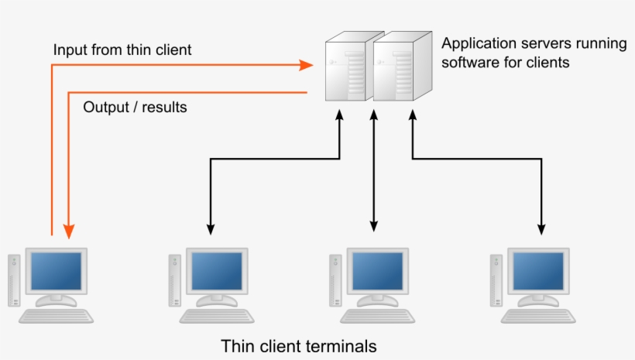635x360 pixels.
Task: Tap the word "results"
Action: pyautogui.click(x=164, y=107)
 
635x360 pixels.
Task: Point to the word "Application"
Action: pyautogui.click(x=478, y=44)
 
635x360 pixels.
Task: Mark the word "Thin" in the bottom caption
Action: pyautogui.click(x=235, y=345)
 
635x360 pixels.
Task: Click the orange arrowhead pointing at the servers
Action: pyautogui.click(x=307, y=66)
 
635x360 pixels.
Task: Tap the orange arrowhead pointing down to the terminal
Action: pyautogui.click(x=69, y=230)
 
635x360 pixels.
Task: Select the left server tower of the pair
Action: pyautogui.click(x=346, y=70)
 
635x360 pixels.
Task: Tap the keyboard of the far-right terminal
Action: pyautogui.click(x=539, y=316)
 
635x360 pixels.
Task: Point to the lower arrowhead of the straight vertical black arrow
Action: pyautogui.click(x=374, y=226)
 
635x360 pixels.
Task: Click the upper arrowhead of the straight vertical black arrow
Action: pyautogui.click(x=374, y=115)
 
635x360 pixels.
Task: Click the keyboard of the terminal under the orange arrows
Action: pyautogui.click(x=56, y=316)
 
